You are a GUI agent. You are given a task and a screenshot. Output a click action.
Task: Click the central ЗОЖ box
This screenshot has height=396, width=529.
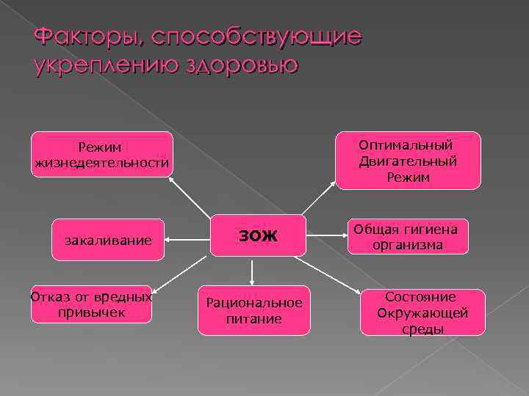[258, 235]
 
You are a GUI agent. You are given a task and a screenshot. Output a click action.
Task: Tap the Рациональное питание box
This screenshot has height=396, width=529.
[253, 310]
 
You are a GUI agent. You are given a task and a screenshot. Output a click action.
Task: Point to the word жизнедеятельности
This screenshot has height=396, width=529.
[102, 162]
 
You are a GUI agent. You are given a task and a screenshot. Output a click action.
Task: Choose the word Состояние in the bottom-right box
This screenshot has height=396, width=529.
[422, 297]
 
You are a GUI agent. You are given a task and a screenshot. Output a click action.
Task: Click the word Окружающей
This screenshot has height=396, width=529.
[422, 313]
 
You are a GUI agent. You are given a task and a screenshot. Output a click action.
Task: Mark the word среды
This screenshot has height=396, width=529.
[422, 329]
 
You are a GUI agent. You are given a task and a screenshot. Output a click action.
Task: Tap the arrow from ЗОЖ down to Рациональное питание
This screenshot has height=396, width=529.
[252, 271]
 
